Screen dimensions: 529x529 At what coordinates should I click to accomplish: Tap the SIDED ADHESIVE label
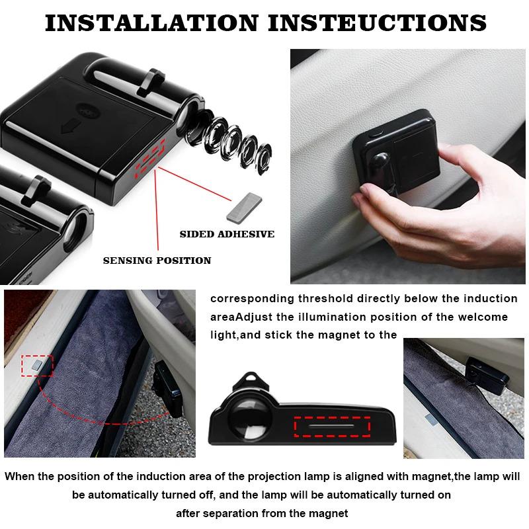point(227,234)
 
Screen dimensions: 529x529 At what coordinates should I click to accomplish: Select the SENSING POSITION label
point(157,261)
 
